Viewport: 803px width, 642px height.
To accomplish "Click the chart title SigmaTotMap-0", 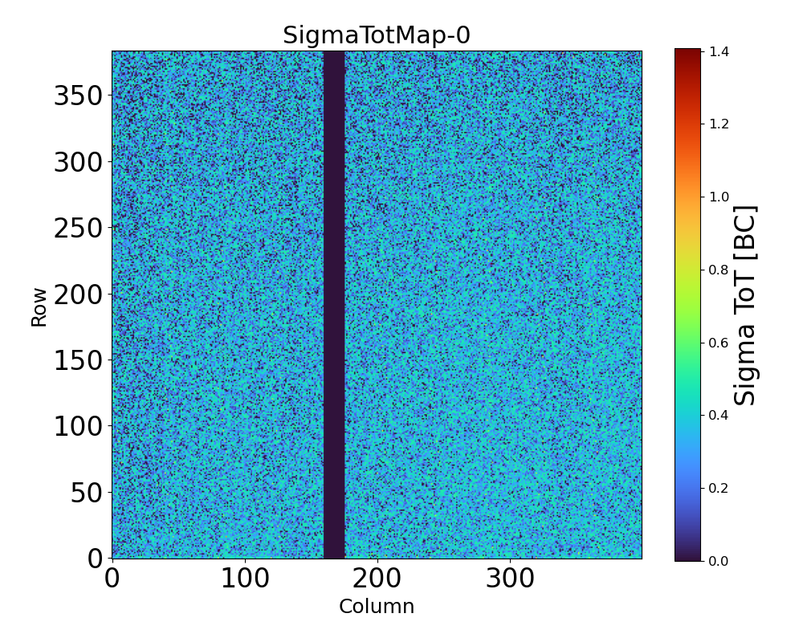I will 376,36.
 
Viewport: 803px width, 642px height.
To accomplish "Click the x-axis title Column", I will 377,607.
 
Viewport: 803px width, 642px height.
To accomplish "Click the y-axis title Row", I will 39,306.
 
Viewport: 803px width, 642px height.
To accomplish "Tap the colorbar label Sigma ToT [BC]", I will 746,306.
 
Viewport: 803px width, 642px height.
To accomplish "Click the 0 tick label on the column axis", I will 112,579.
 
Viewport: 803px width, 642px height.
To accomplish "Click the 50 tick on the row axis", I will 87,493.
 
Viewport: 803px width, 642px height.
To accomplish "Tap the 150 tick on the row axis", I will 78,360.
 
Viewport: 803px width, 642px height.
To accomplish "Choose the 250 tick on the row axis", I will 78,229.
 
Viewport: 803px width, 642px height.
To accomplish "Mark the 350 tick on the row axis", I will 78,96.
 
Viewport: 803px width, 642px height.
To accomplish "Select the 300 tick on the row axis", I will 78,163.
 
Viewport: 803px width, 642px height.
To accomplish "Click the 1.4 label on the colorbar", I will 719,51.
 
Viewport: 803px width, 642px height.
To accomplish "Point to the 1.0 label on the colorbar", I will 719,197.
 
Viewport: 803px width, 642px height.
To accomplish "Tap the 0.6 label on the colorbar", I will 719,343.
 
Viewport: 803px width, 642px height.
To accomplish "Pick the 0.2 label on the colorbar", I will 719,488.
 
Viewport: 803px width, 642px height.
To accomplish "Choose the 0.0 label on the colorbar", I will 719,560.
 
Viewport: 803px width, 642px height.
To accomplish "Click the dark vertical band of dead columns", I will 334,305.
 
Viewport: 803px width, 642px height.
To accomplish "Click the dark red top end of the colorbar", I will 688,55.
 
